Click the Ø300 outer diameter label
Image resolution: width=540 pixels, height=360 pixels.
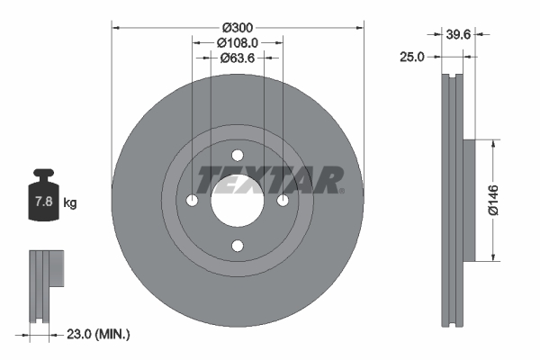238,26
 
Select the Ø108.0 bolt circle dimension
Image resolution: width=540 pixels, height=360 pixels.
238,42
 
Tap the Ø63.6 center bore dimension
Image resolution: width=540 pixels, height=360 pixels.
238,58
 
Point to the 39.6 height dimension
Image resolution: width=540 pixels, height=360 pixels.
459,36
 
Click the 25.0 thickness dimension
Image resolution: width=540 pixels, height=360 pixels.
411,57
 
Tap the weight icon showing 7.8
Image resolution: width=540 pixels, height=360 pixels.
44,201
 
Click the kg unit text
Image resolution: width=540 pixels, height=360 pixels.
70,203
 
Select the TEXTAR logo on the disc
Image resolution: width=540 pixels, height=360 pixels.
270,179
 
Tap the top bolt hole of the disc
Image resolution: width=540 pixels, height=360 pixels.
238,155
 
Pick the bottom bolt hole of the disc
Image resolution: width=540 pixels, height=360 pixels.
238,245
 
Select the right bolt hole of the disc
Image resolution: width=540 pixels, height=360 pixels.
283,200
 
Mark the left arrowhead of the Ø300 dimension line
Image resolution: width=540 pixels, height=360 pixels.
115,26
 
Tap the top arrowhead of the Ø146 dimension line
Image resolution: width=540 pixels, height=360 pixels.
492,143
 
